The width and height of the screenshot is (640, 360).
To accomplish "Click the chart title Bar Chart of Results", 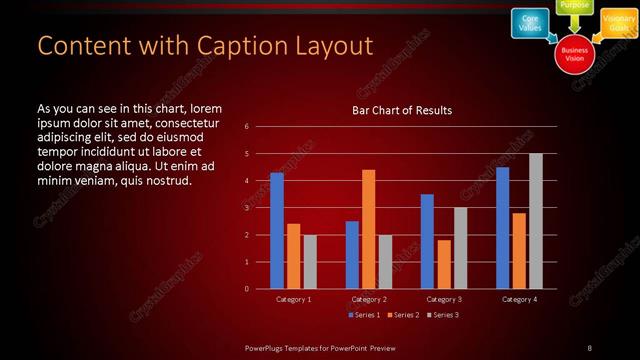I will coord(401,110).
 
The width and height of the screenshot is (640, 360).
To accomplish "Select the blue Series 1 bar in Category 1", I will coord(277,230).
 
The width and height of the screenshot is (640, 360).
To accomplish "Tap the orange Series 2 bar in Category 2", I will coord(368,229).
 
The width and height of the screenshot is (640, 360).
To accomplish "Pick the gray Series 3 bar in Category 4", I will coord(535,221).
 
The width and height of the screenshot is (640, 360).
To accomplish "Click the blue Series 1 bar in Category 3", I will coord(427,241).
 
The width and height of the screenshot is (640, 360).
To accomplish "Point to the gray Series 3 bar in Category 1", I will coord(310,261).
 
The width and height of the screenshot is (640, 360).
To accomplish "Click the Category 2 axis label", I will coord(369,299).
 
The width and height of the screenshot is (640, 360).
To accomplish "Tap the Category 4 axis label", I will coord(519,299).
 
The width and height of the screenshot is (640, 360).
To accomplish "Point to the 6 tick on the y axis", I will coord(247,127).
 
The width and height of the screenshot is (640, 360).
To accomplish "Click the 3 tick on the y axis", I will coord(247,208).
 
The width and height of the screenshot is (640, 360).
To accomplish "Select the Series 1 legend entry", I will coord(362,315).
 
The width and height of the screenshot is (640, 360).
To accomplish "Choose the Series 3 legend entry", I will coord(443,315).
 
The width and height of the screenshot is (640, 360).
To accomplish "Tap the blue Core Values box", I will coord(531,23).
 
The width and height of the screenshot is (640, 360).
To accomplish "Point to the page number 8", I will coord(590,347).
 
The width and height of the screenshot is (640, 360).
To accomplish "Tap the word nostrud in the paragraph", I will coord(165,180).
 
